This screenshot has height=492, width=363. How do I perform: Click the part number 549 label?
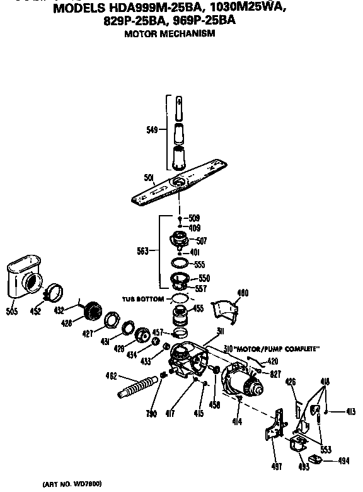click(x=152, y=131)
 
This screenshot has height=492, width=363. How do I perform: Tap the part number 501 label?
click(x=149, y=179)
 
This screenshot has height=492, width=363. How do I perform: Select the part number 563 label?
click(x=142, y=251)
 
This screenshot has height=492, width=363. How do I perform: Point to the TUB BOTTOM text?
click(x=144, y=298)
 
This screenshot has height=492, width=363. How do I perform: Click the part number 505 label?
click(x=13, y=311)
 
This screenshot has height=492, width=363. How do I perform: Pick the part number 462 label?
click(x=112, y=377)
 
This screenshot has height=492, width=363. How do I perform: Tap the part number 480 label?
click(x=243, y=292)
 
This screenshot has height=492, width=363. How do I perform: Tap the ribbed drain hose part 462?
click(x=139, y=385)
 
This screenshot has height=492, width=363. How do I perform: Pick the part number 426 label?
click(x=291, y=380)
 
